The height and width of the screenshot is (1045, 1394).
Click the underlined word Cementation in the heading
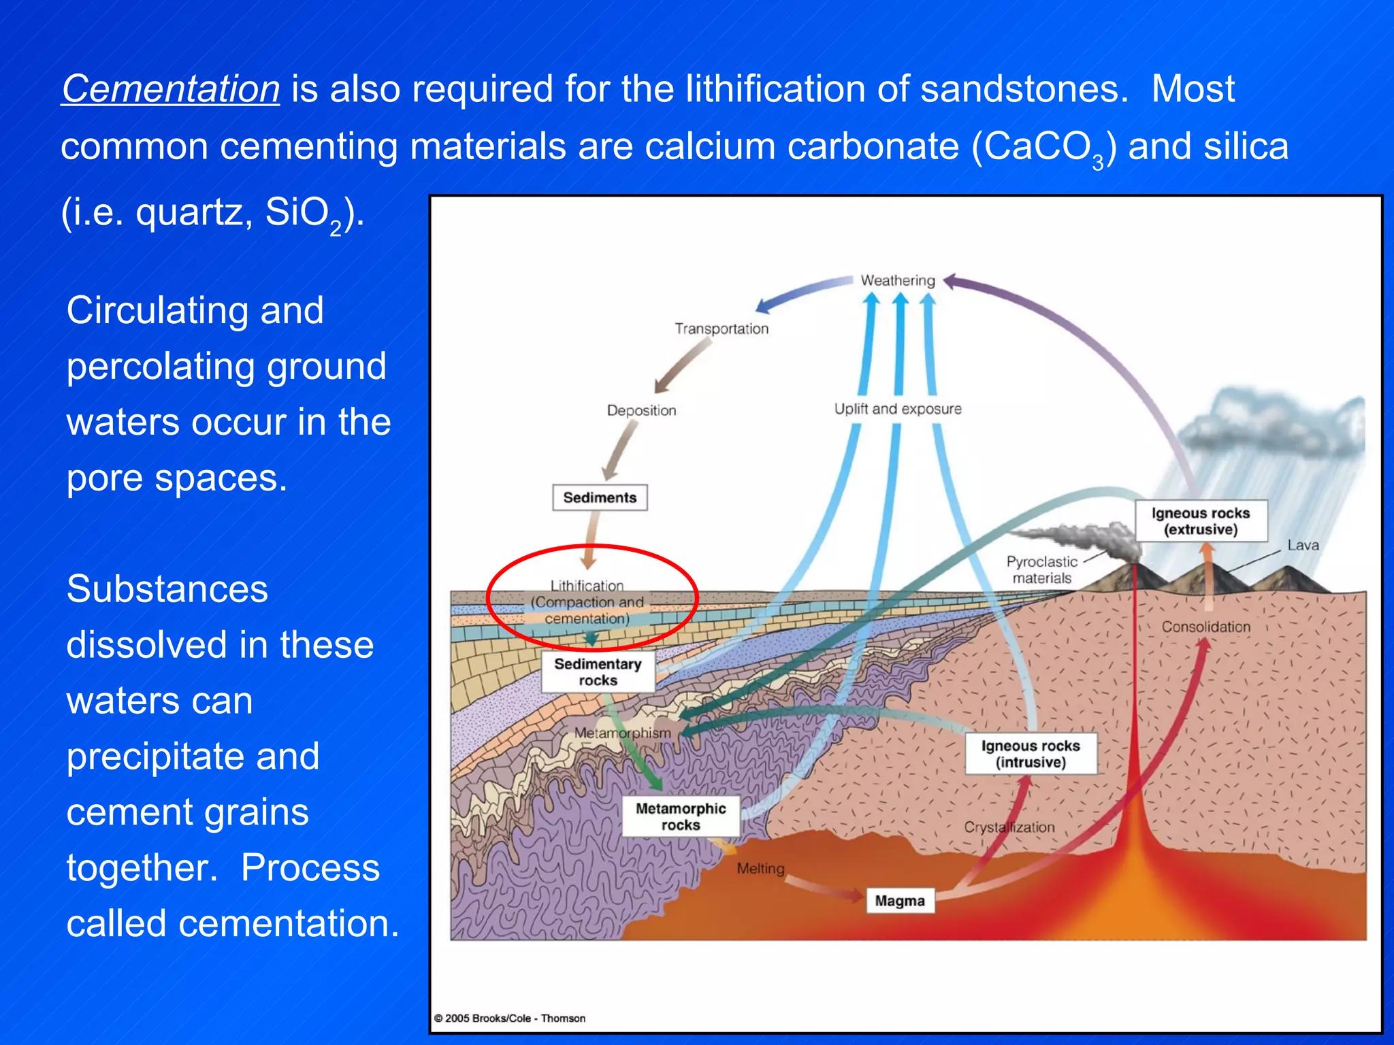[170, 89]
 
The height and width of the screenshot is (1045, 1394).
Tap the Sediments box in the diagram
[600, 497]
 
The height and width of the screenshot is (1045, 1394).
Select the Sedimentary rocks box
[598, 672]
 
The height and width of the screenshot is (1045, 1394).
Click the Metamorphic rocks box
[681, 816]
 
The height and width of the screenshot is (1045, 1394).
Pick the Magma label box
[900, 901]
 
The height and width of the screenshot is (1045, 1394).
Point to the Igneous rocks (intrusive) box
[1031, 754]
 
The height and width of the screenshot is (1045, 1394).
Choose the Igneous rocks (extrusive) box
[1201, 521]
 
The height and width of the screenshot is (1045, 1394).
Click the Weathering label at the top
[898, 280]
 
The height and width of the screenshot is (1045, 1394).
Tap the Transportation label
[722, 329]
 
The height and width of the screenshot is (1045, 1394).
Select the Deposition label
[641, 410]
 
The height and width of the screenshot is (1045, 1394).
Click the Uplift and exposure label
[898, 409]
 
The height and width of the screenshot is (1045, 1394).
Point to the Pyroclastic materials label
[1042, 570]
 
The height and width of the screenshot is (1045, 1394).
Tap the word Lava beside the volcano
[1303, 545]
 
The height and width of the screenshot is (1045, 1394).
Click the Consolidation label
[1205, 627]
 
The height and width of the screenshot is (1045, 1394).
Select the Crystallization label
[1009, 827]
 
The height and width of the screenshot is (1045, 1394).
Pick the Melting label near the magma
[760, 869]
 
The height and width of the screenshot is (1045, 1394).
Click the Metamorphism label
[622, 733]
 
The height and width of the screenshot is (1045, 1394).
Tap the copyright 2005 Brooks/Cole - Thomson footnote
[510, 1018]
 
